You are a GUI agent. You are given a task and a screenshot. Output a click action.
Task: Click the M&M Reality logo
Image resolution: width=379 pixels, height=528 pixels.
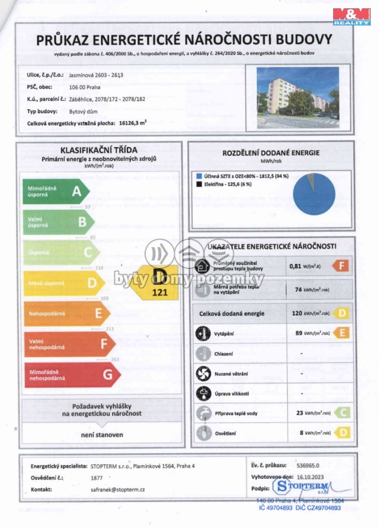pyautogui.click(x=351, y=16)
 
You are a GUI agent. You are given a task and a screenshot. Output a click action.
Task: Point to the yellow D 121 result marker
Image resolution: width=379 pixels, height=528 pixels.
pyautogui.click(x=159, y=283)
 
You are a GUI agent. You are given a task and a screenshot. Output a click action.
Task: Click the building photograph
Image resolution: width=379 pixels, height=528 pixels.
pyautogui.click(x=298, y=96)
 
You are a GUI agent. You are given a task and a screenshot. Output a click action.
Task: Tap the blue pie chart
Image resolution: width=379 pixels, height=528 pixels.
pyautogui.click(x=314, y=193)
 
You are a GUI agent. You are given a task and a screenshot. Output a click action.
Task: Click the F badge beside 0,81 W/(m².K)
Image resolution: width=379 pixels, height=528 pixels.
pyautogui.click(x=341, y=266)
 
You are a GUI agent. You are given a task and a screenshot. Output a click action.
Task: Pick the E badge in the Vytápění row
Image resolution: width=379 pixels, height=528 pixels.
pyautogui.click(x=341, y=333)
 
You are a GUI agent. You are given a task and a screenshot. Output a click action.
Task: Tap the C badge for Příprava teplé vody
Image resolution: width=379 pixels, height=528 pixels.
pyautogui.click(x=341, y=413)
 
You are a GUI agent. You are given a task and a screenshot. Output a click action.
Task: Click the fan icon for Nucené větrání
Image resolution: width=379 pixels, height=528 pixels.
pyautogui.click(x=203, y=374)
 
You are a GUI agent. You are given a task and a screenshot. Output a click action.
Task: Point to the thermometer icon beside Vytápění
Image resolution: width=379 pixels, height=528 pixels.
pyautogui.click(x=203, y=333)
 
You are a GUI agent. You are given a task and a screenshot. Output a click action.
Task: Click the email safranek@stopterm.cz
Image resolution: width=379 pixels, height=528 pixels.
pyautogui.click(x=117, y=490)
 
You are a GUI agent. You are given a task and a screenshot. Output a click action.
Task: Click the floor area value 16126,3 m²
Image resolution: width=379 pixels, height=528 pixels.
pyautogui.click(x=133, y=125)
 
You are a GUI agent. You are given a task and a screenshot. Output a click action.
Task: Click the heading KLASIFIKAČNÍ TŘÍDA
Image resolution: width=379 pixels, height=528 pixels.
pyautogui.click(x=99, y=150)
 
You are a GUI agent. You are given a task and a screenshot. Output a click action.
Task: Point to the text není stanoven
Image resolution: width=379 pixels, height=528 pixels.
pyautogui.click(x=99, y=435)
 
